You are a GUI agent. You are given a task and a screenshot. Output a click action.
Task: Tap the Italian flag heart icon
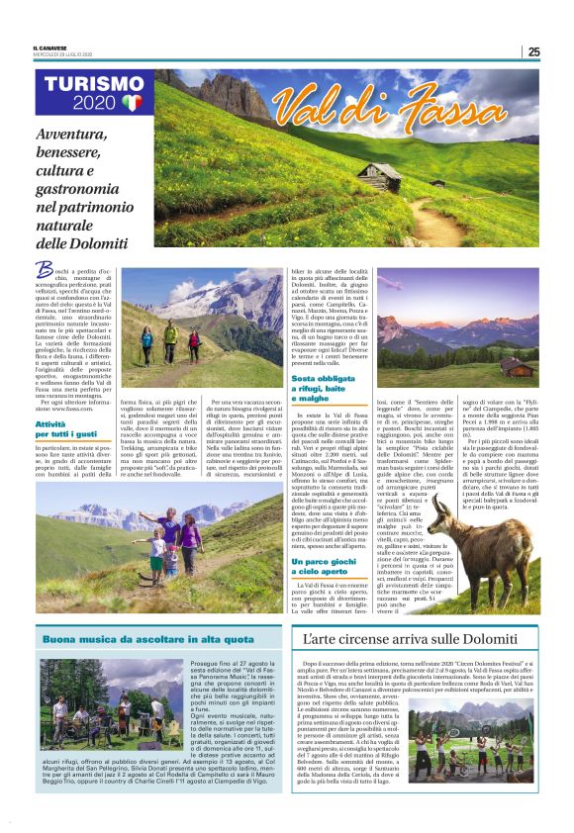click(x=133, y=103)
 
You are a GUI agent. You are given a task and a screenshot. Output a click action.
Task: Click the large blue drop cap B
click(x=44, y=269)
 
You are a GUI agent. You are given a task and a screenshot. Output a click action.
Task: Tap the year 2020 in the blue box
click(x=95, y=103)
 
